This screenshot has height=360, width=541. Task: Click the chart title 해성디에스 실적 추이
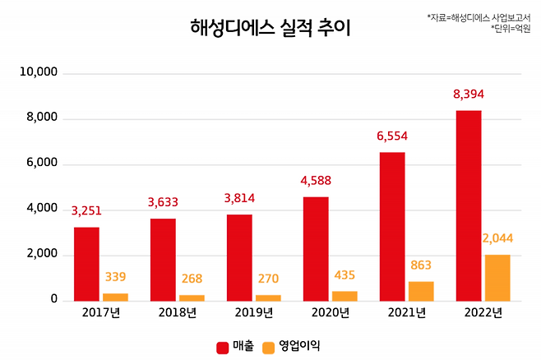[270, 28]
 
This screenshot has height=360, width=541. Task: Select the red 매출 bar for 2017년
[86, 263]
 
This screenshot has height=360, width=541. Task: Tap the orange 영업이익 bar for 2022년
[497, 277]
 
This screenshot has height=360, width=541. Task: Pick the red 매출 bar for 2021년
[392, 226]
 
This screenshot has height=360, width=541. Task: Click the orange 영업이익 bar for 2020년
[344, 296]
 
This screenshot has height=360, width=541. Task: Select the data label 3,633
[164, 201]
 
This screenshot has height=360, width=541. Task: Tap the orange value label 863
[420, 265]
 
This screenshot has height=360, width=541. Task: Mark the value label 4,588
[316, 180]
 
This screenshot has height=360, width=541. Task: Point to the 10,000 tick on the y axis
[39, 73]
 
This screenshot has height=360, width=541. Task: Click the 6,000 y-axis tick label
[42, 164]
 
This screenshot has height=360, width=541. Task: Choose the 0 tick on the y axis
[53, 300]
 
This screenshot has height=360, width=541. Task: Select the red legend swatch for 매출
[222, 347]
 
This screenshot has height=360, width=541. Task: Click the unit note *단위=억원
[511, 28]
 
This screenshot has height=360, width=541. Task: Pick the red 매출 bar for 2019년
[239, 257]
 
